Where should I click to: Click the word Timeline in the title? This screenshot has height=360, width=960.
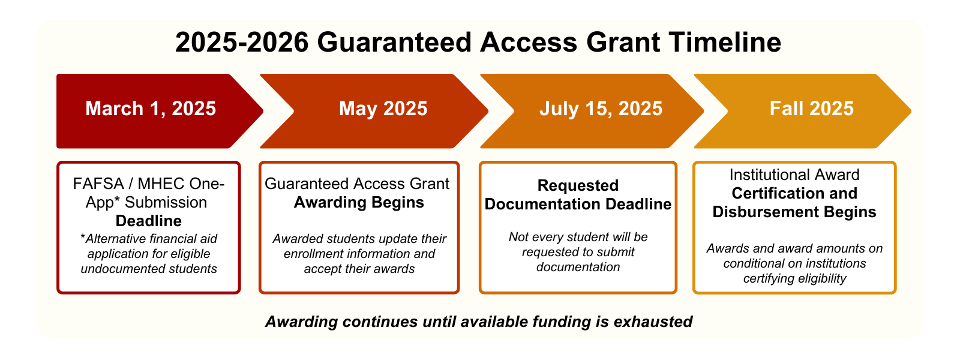coord(725,42)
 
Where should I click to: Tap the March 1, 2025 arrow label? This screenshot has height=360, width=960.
coord(151,109)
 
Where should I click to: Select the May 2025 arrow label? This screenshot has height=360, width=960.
coord(383,109)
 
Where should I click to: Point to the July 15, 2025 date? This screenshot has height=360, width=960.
coord(601,109)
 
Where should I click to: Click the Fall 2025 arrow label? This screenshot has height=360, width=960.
coord(812,109)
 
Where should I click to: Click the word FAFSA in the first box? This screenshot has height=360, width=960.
coord(98,184)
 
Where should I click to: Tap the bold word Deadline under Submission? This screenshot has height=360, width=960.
coord(149,221)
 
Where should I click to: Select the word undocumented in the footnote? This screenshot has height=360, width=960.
coord(118,269)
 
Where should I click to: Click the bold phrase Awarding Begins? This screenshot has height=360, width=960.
coord(359,202)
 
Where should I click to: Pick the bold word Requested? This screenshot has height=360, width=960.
coord(578,185)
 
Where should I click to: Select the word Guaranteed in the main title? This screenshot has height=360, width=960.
coord(394,42)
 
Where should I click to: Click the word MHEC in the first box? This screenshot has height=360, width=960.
coord(161,184)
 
